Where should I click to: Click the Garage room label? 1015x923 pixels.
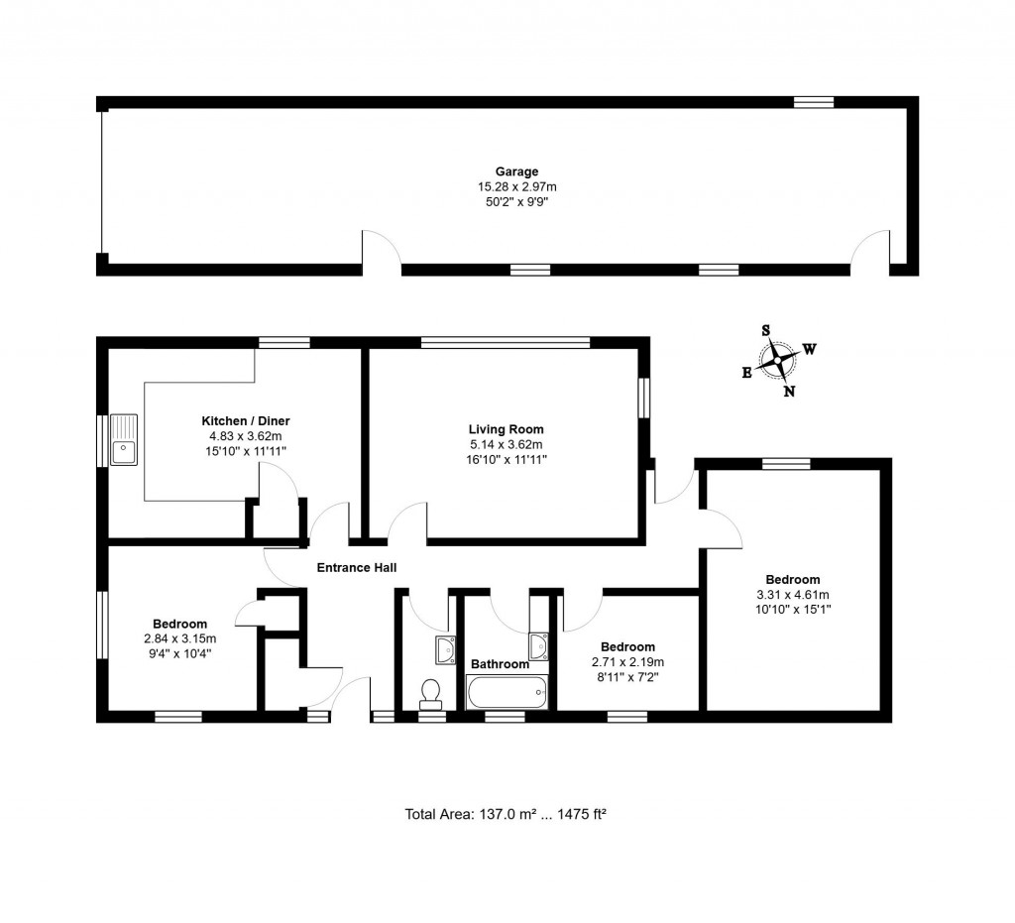pyautogui.click(x=516, y=172)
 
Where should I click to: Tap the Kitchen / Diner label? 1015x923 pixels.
pyautogui.click(x=246, y=421)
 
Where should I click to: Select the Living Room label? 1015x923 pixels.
pyautogui.click(x=507, y=429)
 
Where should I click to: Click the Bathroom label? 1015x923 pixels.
pyautogui.click(x=500, y=664)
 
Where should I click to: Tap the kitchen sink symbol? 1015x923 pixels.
pyautogui.click(x=124, y=440)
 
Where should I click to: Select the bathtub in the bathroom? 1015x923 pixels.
pyautogui.click(x=507, y=690)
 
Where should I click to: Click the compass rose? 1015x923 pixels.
pyautogui.click(x=780, y=361)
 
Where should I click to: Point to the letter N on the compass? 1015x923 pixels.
pyautogui.click(x=789, y=391)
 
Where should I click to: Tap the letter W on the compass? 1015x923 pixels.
pyautogui.click(x=810, y=349)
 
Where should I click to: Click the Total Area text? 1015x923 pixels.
pyautogui.click(x=506, y=814)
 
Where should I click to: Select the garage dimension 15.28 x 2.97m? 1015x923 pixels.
pyautogui.click(x=516, y=186)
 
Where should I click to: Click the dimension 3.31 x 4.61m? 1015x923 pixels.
pyautogui.click(x=792, y=595)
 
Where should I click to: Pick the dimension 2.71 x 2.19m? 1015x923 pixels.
pyautogui.click(x=626, y=662)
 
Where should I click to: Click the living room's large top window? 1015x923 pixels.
pyautogui.click(x=506, y=343)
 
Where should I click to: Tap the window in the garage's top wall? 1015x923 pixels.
pyautogui.click(x=813, y=101)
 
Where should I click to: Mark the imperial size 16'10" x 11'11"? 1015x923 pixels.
pyautogui.click(x=507, y=459)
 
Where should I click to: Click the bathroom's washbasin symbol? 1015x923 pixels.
pyautogui.click(x=539, y=646)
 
